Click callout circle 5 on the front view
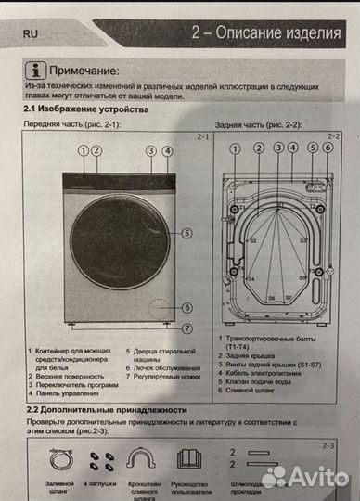pos(186,234)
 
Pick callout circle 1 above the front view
pos(83,150)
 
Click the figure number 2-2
pos(334,136)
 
